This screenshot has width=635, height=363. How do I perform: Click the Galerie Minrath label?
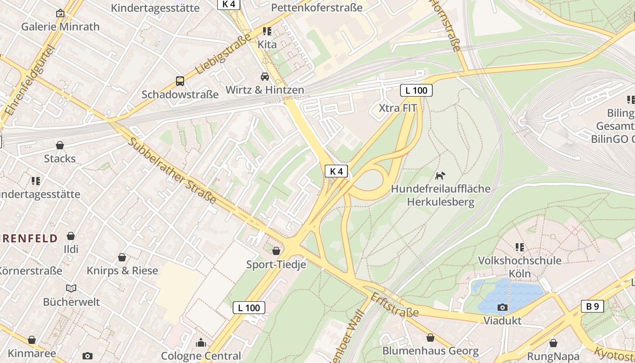pyautogui.click(x=60, y=26)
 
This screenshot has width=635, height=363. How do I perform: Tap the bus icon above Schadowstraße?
pyautogui.click(x=180, y=81)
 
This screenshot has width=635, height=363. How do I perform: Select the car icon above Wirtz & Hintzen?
pyautogui.click(x=265, y=77)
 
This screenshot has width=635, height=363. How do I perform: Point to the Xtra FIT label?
pyautogui.click(x=397, y=108)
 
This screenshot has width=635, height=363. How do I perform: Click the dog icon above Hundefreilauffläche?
pyautogui.click(x=440, y=176)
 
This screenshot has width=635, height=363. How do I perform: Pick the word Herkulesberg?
pyautogui.click(x=440, y=202)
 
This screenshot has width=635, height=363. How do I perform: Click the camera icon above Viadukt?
pyautogui.click(x=502, y=308)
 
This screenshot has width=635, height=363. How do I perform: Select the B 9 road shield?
pyautogui.click(x=592, y=306)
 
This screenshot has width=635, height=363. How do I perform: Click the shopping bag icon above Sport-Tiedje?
pyautogui.click(x=276, y=251)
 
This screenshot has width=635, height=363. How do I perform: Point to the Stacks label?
pyautogui.click(x=60, y=159)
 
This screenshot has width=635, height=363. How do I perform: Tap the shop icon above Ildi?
pyautogui.click(x=71, y=236)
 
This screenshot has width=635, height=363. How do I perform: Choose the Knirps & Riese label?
pyautogui.click(x=122, y=271)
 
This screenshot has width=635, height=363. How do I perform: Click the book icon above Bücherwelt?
pyautogui.click(x=71, y=288)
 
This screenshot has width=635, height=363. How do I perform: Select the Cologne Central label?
pyautogui.click(x=201, y=356)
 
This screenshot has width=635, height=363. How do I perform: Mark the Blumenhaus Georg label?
pyautogui.click(x=430, y=351)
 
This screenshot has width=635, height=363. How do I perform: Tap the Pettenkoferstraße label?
pyautogui.click(x=317, y=8)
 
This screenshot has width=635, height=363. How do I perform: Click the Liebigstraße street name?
pyautogui.click(x=223, y=54)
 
